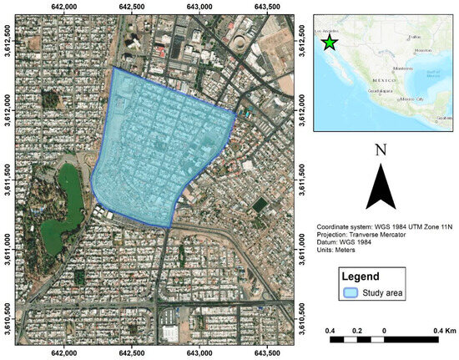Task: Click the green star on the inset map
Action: click(330, 42)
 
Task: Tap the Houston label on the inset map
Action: click(422, 50)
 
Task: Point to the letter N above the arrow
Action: click(381, 150)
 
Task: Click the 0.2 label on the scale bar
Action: click(357, 331)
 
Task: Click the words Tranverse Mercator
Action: click(372, 236)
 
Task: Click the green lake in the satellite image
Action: click(61, 196)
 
